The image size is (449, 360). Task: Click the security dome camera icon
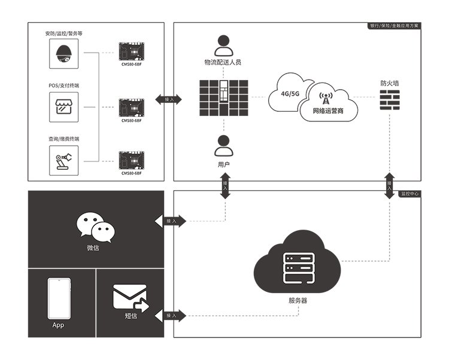pos(63,54)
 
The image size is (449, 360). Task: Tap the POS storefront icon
pos(63,108)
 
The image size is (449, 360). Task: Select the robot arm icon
pos(63,160)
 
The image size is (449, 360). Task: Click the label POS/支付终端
pos(63,86)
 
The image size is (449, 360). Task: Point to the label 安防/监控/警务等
pos(63,33)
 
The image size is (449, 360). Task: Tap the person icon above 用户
pos(223,145)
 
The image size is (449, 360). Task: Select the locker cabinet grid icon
pos(223,97)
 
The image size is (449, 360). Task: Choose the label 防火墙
pos(390,83)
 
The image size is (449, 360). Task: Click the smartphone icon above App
pos(57,298)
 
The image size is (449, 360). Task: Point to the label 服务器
pos(298,301)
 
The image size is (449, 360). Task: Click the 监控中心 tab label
pos(409,194)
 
